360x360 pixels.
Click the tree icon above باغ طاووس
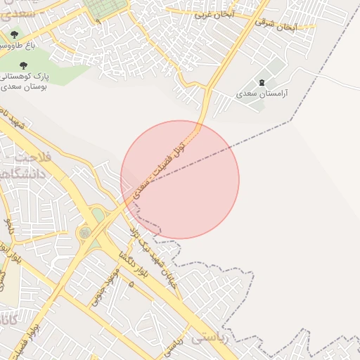coord(15,34)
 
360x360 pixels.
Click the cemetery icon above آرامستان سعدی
coord(263,83)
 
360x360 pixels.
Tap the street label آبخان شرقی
coord(277,26)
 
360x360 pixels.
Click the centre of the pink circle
coord(180,179)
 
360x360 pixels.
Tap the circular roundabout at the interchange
coord(85,232)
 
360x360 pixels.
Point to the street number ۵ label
coord(131,283)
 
